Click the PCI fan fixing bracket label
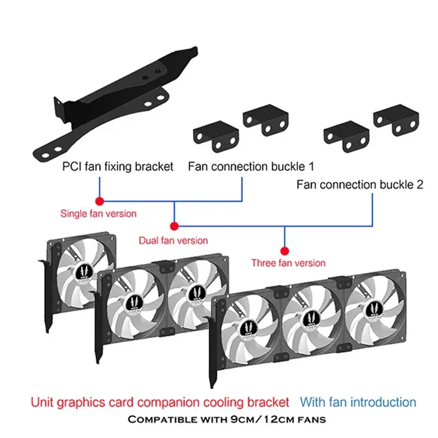(118, 165)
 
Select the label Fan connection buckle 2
(360, 185)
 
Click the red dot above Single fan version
(99, 200)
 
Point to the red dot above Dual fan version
(174, 226)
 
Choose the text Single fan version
(99, 214)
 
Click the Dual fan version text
(174, 240)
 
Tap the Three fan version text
(288, 263)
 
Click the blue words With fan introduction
(358, 402)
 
